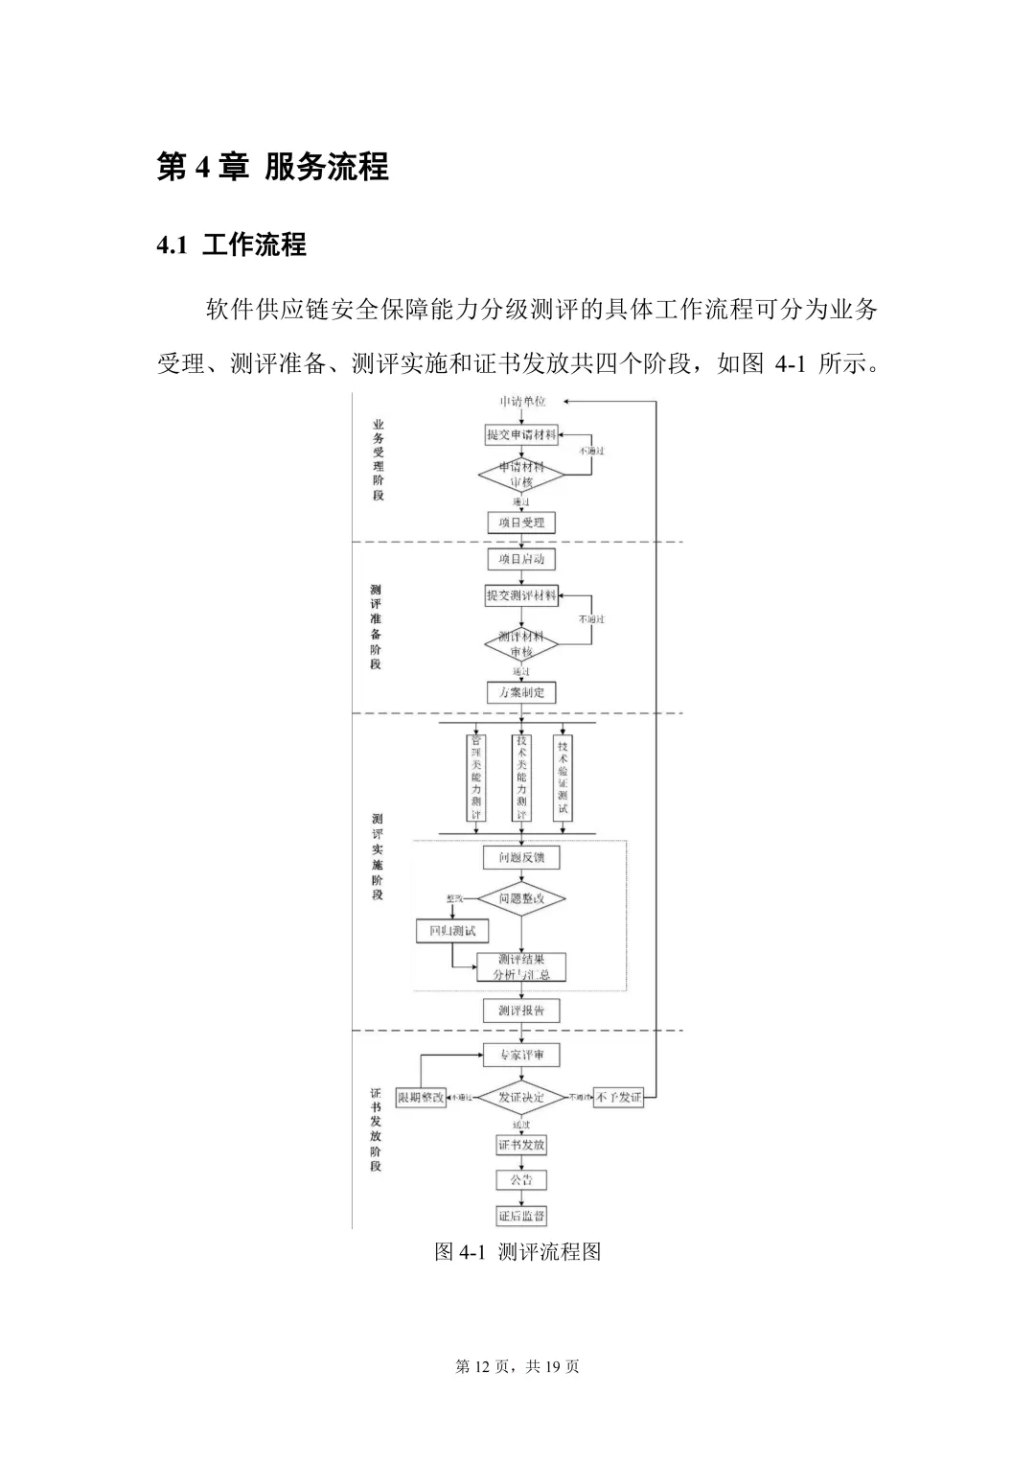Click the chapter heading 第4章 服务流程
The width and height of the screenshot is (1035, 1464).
click(x=272, y=167)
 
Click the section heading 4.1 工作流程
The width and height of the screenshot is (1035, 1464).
click(x=231, y=244)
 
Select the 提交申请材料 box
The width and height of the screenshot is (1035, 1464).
click(x=520, y=435)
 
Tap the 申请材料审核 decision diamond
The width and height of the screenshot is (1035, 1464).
click(x=520, y=475)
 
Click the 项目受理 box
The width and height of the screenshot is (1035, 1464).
click(x=520, y=523)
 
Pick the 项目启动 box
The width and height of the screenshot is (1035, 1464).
click(x=520, y=559)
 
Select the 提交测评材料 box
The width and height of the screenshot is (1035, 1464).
click(x=520, y=595)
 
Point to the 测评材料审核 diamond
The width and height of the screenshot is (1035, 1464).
click(x=520, y=644)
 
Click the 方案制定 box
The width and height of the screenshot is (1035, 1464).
click(x=520, y=692)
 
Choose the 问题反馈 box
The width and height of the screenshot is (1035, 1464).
click(x=520, y=857)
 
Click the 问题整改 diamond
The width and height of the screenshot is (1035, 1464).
click(x=520, y=899)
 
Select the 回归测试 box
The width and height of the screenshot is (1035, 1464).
click(x=451, y=931)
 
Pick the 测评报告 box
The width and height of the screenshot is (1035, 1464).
click(x=520, y=1011)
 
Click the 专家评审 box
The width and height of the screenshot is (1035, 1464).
click(x=520, y=1056)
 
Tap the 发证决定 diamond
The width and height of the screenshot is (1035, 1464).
click(x=520, y=1097)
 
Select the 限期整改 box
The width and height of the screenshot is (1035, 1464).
click(x=421, y=1097)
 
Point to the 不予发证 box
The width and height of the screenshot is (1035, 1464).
click(x=618, y=1097)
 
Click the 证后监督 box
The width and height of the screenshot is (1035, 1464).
click(x=520, y=1217)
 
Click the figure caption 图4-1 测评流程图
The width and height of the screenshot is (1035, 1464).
click(x=517, y=1251)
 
